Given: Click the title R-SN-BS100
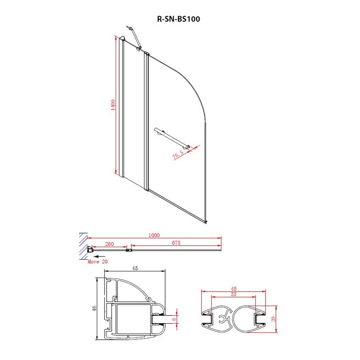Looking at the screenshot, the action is (x=178, y=19).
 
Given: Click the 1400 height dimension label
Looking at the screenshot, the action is (x=113, y=105).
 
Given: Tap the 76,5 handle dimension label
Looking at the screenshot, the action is (x=178, y=155).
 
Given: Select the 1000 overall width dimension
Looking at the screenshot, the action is (x=154, y=235).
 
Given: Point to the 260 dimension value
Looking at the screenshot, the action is (x=109, y=244).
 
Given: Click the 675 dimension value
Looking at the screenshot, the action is (x=176, y=243).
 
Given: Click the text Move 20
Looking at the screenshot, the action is (x=98, y=261).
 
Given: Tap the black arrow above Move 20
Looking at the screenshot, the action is (x=99, y=256).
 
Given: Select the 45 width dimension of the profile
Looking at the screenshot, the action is (x=135, y=268).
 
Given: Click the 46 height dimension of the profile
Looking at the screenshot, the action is (x=94, y=308).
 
